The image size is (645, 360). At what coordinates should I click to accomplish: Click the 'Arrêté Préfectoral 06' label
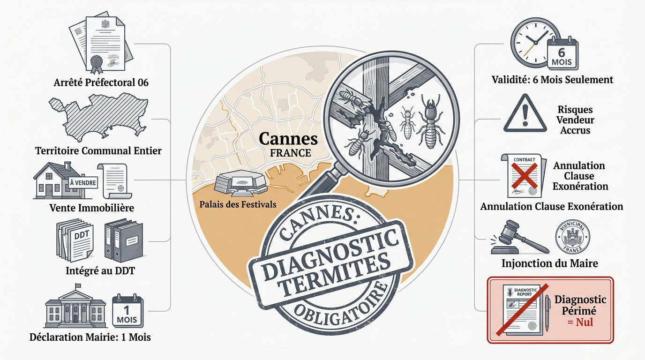coord(101,83)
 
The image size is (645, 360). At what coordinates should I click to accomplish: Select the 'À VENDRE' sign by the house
coord(82,183)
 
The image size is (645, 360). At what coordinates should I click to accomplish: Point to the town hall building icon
coord(75,308)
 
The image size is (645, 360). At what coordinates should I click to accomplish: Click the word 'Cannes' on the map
coord(288,139)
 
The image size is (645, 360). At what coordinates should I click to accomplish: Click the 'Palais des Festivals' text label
coord(238,204)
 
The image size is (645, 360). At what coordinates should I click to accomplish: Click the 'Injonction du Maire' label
coord(549,263)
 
